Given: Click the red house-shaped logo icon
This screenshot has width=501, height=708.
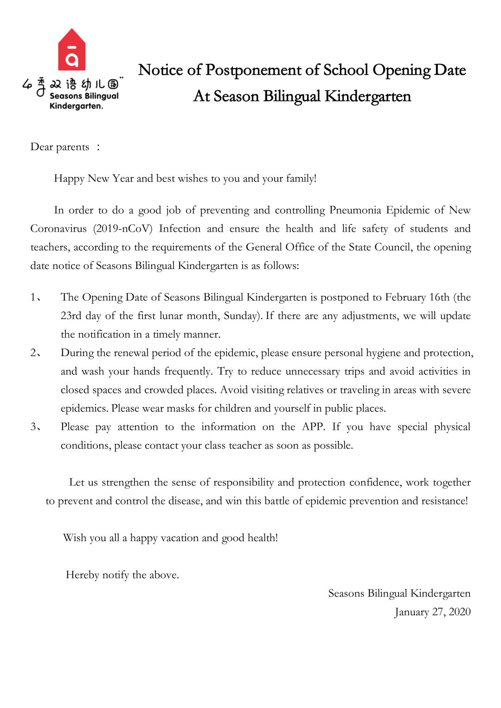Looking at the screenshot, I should [72, 50].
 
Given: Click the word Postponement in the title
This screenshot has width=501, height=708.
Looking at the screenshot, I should [254, 70].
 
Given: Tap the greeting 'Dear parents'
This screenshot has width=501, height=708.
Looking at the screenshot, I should [60, 147].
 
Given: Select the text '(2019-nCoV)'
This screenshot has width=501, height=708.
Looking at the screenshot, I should [122, 229].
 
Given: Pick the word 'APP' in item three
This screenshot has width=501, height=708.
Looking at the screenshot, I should [313, 427].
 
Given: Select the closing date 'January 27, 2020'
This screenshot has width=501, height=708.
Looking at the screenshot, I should [432, 612].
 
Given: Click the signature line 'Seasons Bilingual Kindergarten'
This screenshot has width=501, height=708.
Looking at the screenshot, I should [399, 593].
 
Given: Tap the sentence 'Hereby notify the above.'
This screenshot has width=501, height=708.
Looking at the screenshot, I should [122, 575].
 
